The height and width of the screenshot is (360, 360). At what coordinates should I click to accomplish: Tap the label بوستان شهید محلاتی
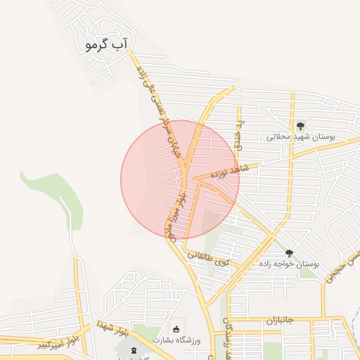pyautogui.click(x=300, y=136)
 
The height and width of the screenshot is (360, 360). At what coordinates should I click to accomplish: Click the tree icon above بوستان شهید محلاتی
pyautogui.click(x=301, y=126)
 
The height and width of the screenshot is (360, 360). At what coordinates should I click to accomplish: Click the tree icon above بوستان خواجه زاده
pyautogui.click(x=289, y=253)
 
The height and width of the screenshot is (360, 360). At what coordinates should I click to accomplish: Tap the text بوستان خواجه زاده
pyautogui.click(x=288, y=264)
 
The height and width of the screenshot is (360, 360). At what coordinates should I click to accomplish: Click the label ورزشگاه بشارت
pyautogui.click(x=176, y=340)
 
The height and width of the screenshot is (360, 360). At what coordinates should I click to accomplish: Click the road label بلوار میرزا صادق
pyautogui.click(x=175, y=214)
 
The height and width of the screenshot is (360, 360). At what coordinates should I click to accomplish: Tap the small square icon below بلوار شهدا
pyautogui.click(x=136, y=349)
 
